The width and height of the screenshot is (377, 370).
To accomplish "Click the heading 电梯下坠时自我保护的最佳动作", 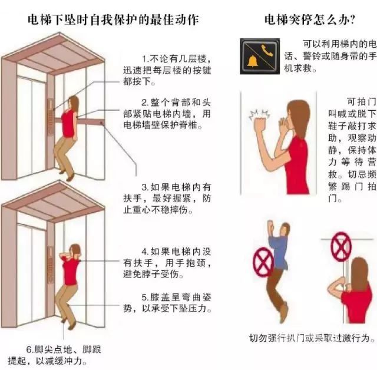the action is [113, 19].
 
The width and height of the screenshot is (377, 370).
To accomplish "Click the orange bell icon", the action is [253, 61].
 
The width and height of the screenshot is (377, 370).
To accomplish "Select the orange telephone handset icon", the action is [267, 50].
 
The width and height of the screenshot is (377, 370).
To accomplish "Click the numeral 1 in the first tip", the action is [144, 59].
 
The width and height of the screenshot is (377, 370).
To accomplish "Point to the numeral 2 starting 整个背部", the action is [144, 103].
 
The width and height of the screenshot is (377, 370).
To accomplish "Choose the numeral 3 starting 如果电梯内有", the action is [144, 187].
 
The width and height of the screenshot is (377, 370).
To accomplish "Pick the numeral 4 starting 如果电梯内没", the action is [144, 252].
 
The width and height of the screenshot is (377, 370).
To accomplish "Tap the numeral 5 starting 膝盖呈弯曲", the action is [144, 298].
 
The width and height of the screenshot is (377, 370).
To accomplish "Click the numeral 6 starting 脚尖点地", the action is [29, 349].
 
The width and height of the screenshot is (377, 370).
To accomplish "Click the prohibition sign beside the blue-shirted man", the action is [263, 262].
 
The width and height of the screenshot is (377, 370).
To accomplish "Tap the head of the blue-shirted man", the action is [285, 229].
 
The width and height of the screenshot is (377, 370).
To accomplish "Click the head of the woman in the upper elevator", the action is [74, 103].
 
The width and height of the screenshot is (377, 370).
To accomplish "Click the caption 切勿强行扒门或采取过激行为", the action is [312, 338].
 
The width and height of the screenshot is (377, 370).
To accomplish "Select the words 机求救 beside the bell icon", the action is [299, 68].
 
